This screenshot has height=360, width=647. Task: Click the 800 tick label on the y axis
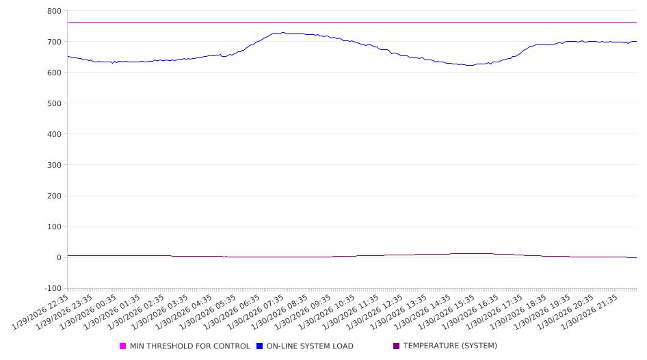coord(54,11)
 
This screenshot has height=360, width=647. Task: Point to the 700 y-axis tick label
coord(54,42)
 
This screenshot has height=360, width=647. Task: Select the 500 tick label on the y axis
coord(54,103)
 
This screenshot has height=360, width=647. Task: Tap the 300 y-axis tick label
coord(54,165)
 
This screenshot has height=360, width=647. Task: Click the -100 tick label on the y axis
coord(52,288)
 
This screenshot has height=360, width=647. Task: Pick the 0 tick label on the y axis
coord(59,257)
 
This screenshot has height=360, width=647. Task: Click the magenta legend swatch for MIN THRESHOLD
coord(123,346)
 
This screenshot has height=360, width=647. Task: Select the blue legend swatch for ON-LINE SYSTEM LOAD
coord(260,346)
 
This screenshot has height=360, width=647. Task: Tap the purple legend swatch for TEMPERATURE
coord(397,346)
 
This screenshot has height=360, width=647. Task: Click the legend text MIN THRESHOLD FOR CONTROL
coord(189,346)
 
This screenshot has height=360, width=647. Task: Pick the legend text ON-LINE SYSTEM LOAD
coord(310,346)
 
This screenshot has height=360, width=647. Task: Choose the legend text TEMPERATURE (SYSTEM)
coord(450,346)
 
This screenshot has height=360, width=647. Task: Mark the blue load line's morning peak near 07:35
coord(278,33)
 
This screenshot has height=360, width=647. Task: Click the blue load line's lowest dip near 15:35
coord(469,65)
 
